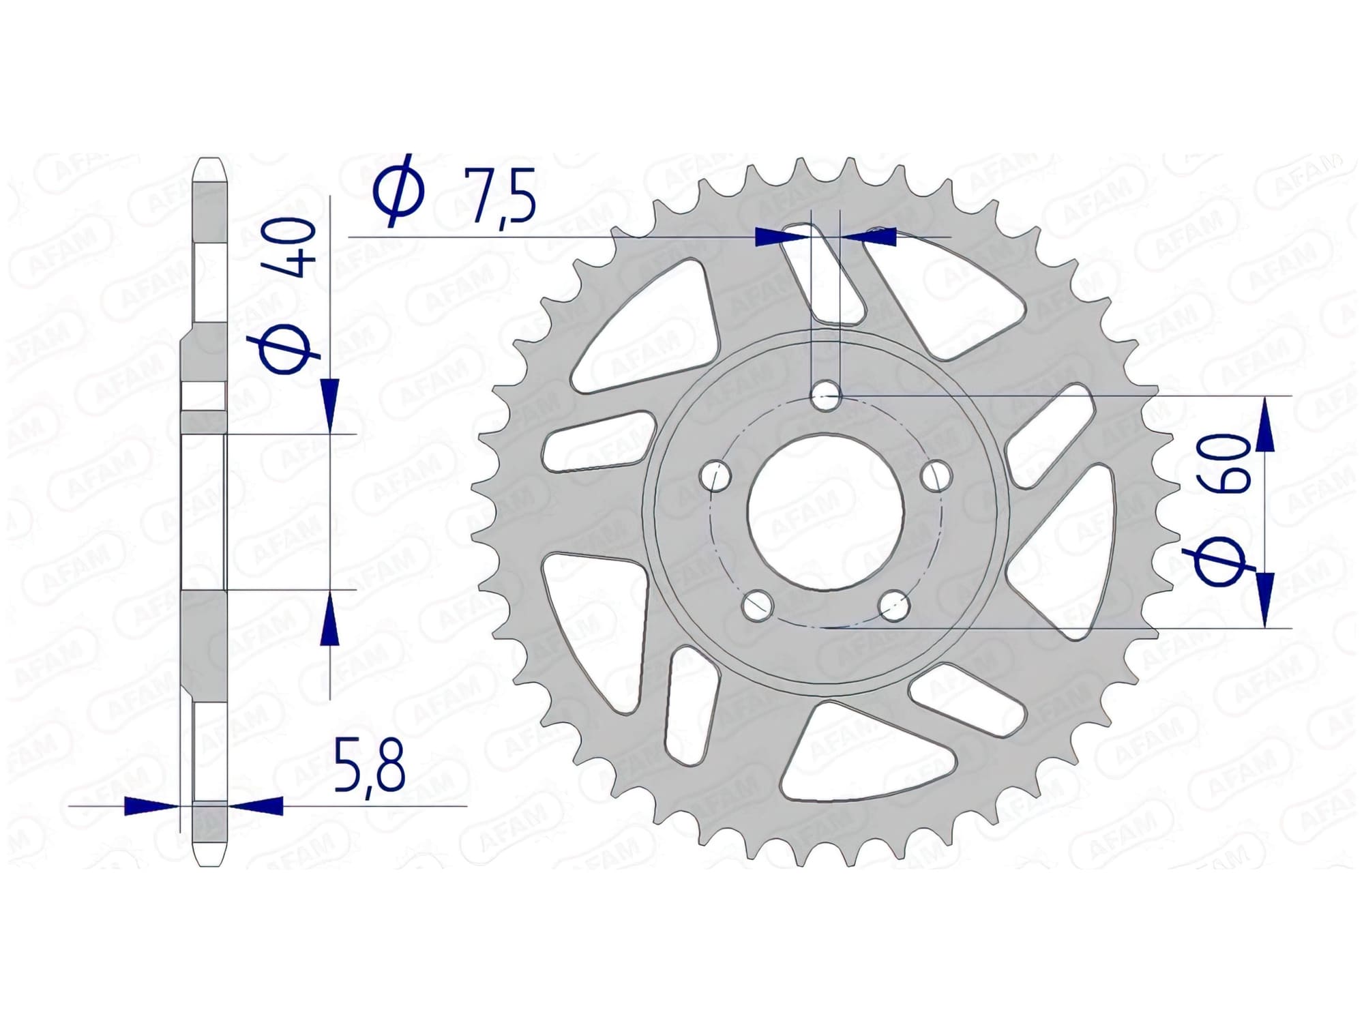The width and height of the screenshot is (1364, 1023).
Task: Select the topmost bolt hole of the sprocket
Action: click(x=826, y=396)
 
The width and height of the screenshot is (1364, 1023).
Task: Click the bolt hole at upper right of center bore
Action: click(x=936, y=475)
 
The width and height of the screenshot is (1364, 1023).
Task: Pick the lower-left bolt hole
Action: click(x=757, y=605)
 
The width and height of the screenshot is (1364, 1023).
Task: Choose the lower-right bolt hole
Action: click(x=894, y=605)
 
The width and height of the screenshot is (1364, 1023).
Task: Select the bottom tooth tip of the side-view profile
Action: click(x=209, y=861)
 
